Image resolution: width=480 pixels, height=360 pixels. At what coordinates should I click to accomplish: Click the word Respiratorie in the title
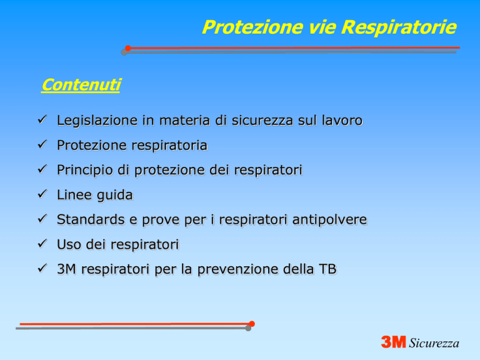(399, 28)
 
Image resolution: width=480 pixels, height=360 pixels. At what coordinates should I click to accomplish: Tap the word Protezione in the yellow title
(252, 27)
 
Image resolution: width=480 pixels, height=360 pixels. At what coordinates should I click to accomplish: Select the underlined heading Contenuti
(81, 85)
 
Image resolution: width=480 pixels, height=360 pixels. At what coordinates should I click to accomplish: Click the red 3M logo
(393, 342)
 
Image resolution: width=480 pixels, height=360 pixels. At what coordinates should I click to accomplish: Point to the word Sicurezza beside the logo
(434, 343)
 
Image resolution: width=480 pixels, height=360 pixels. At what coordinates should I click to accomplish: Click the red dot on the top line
(128, 48)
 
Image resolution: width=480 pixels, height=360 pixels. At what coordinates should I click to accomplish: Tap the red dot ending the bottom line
(252, 324)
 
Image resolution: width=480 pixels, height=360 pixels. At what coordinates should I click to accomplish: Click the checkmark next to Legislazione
(42, 119)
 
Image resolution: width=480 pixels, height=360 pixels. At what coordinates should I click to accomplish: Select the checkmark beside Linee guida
(42, 194)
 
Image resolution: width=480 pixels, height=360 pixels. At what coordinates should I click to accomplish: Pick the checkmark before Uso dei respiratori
(42, 243)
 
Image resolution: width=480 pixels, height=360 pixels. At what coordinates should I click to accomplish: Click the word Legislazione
(97, 121)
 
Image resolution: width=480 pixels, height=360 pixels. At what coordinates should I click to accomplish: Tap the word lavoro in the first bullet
(342, 121)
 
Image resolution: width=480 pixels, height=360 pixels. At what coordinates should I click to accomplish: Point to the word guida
(116, 195)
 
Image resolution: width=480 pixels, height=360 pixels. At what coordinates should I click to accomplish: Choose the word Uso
(69, 244)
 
